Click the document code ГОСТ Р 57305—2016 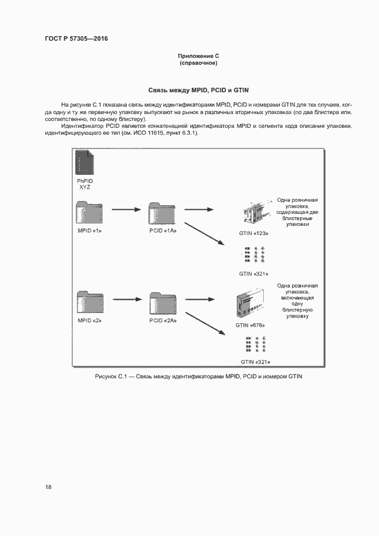pos(76,39)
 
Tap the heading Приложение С pos(198,56)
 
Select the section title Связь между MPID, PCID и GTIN pos(198,91)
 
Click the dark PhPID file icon pos(84,162)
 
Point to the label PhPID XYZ pos(84,184)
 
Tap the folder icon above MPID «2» pos(89,302)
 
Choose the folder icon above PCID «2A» pos(162,302)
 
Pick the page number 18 pos(48,487)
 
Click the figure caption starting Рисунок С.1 pos(198,377)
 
